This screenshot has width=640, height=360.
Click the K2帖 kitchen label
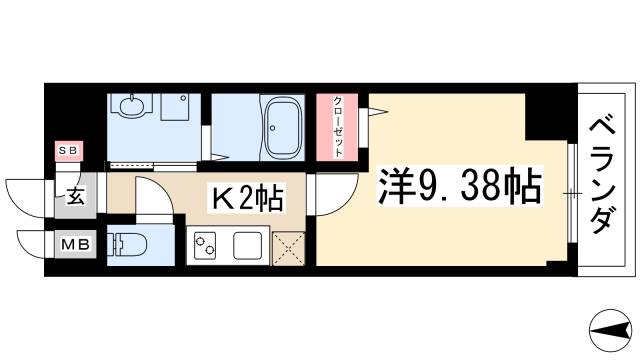(244, 198)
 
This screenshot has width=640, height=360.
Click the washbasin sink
(129, 105)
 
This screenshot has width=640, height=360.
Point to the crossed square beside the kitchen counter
(291, 246)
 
